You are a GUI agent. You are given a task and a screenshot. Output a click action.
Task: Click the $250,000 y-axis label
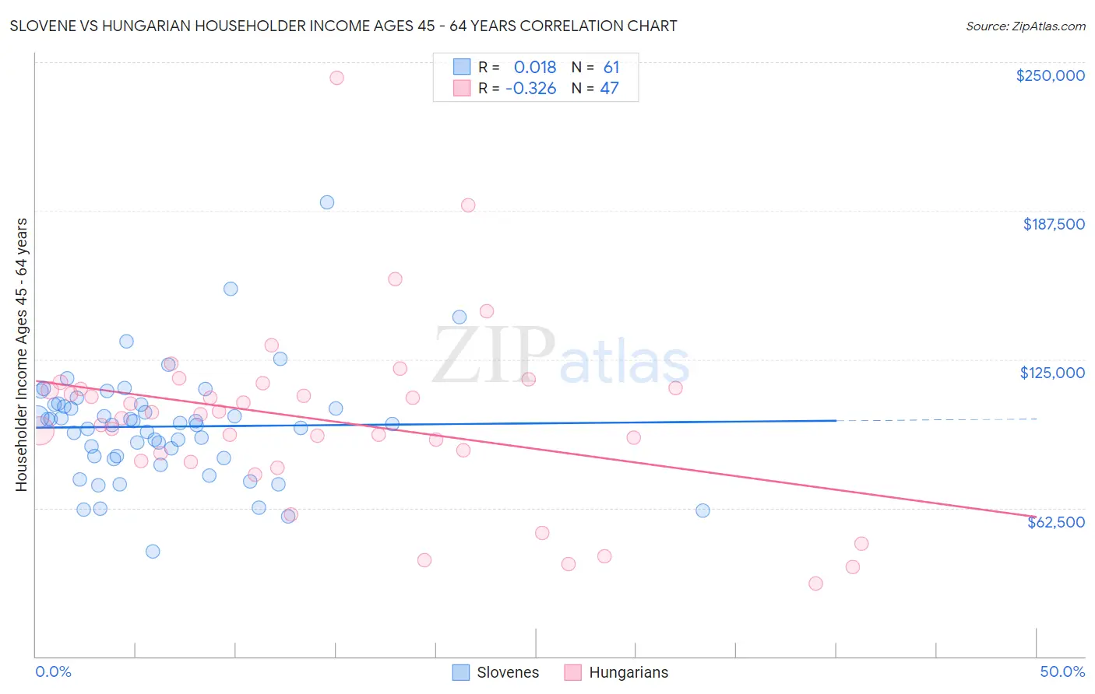[x=1050, y=75]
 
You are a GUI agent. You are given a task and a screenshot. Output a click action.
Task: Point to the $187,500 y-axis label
[x=1053, y=224]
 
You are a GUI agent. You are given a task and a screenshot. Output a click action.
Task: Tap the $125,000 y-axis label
[x=1052, y=373]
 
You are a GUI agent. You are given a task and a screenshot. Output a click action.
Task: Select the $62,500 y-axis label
[x=1055, y=522]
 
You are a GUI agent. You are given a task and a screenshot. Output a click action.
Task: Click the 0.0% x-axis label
[x=53, y=671]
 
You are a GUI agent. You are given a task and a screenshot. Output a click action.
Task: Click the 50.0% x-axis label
[x=1062, y=671]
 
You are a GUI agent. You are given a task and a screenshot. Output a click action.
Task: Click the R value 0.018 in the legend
[x=535, y=67]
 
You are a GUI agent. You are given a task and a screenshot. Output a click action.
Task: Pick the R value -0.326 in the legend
[x=530, y=88]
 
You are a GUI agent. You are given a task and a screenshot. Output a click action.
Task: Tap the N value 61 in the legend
[x=611, y=67]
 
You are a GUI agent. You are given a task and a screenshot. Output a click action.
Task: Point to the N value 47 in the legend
[x=609, y=88]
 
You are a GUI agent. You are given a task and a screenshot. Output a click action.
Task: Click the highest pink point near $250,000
[x=336, y=78]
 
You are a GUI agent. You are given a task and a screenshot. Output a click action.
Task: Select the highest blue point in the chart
[x=327, y=202]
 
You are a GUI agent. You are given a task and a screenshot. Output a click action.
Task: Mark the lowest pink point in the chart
[x=815, y=584]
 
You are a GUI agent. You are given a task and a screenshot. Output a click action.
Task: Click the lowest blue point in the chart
[x=153, y=552]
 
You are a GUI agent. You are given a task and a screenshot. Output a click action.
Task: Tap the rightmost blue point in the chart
[x=702, y=510]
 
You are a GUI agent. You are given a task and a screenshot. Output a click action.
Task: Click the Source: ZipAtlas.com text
[x=1025, y=26]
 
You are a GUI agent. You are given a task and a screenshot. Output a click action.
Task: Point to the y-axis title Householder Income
[x=21, y=354]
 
